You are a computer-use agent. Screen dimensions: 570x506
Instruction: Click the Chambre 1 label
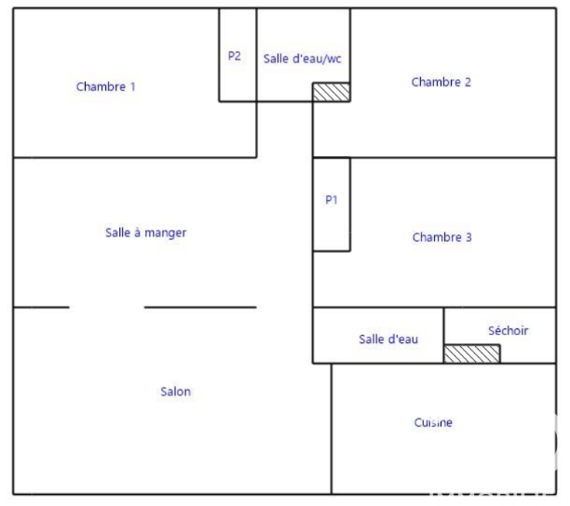[x=106, y=87]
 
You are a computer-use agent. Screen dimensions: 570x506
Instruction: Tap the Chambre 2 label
[x=441, y=82]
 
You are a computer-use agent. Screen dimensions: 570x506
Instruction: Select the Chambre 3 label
[x=442, y=237]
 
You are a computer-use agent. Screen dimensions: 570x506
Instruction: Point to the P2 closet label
[x=235, y=56]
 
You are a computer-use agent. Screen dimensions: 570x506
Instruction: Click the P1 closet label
[x=332, y=200]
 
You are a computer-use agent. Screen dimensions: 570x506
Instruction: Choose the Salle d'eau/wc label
[x=303, y=59]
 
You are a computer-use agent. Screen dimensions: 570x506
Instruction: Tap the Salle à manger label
[x=146, y=233]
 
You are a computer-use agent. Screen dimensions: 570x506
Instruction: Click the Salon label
[x=176, y=392]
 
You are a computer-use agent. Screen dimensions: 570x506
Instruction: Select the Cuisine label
[x=433, y=422]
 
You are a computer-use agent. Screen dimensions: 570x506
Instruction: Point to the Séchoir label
[x=509, y=331]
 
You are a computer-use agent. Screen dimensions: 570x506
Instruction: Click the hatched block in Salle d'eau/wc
[x=332, y=92]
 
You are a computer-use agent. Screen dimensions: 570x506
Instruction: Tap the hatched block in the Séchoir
[x=472, y=353]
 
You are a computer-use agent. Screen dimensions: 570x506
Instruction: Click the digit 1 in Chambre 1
[x=132, y=87]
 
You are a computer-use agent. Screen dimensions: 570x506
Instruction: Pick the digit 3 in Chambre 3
[x=468, y=237]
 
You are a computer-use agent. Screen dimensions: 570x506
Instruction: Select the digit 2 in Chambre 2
[x=468, y=82]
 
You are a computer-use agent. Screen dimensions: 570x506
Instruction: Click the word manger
[x=166, y=233]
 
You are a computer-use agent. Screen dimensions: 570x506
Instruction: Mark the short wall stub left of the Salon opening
[x=41, y=308]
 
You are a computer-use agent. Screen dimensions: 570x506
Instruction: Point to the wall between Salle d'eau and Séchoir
[x=444, y=336]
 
